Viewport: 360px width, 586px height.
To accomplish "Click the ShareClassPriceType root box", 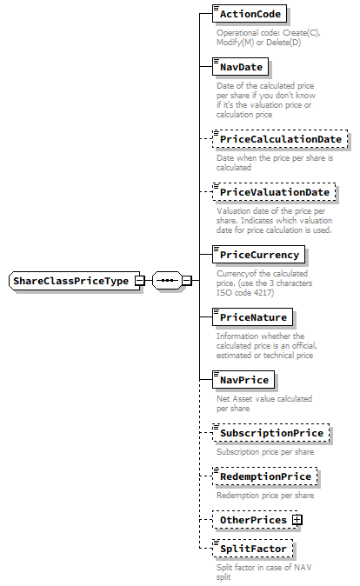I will (70, 281).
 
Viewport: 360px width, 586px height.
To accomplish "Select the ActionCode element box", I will (250, 15).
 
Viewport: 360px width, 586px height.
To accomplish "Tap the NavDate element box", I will (241, 66).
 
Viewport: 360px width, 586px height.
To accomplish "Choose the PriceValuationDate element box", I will (274, 192).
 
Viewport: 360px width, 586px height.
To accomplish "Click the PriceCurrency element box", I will (259, 255).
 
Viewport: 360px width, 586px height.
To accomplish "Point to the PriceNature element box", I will (252, 317).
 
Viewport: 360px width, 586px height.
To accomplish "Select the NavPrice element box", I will (244, 380).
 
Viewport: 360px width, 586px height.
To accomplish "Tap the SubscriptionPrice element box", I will (270, 432).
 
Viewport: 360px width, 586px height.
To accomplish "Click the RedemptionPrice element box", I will (264, 476).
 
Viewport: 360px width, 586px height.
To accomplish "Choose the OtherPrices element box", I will (252, 520).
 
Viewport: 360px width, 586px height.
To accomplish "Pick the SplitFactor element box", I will (251, 549).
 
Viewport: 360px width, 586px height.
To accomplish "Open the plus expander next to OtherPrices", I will (297, 520).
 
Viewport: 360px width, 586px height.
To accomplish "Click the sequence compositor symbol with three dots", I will (166, 281).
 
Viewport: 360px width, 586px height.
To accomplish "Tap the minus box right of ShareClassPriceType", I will (139, 281).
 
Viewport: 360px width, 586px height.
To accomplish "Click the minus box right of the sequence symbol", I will (186, 281).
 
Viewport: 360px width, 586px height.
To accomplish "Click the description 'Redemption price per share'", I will (265, 496).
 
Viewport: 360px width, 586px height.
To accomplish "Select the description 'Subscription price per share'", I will (265, 451).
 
